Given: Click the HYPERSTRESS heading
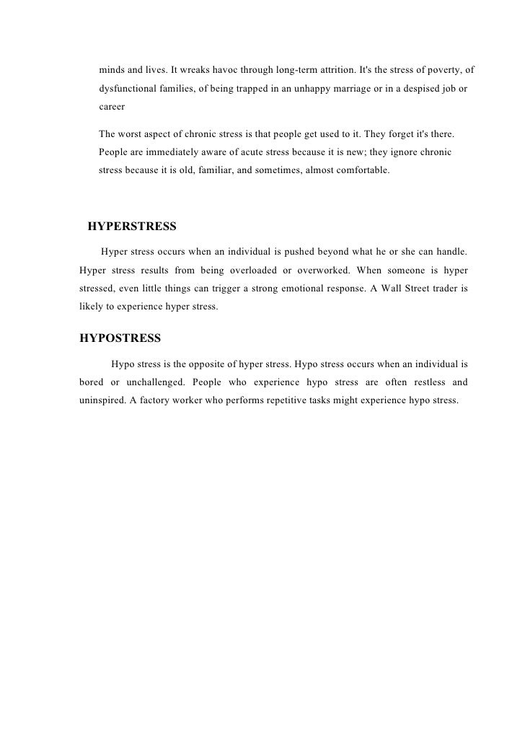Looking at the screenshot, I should pos(131,227).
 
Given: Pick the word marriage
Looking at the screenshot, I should pos(343,89).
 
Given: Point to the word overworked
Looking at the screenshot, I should pos(322,271).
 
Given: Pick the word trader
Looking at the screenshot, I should pos(440,288).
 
